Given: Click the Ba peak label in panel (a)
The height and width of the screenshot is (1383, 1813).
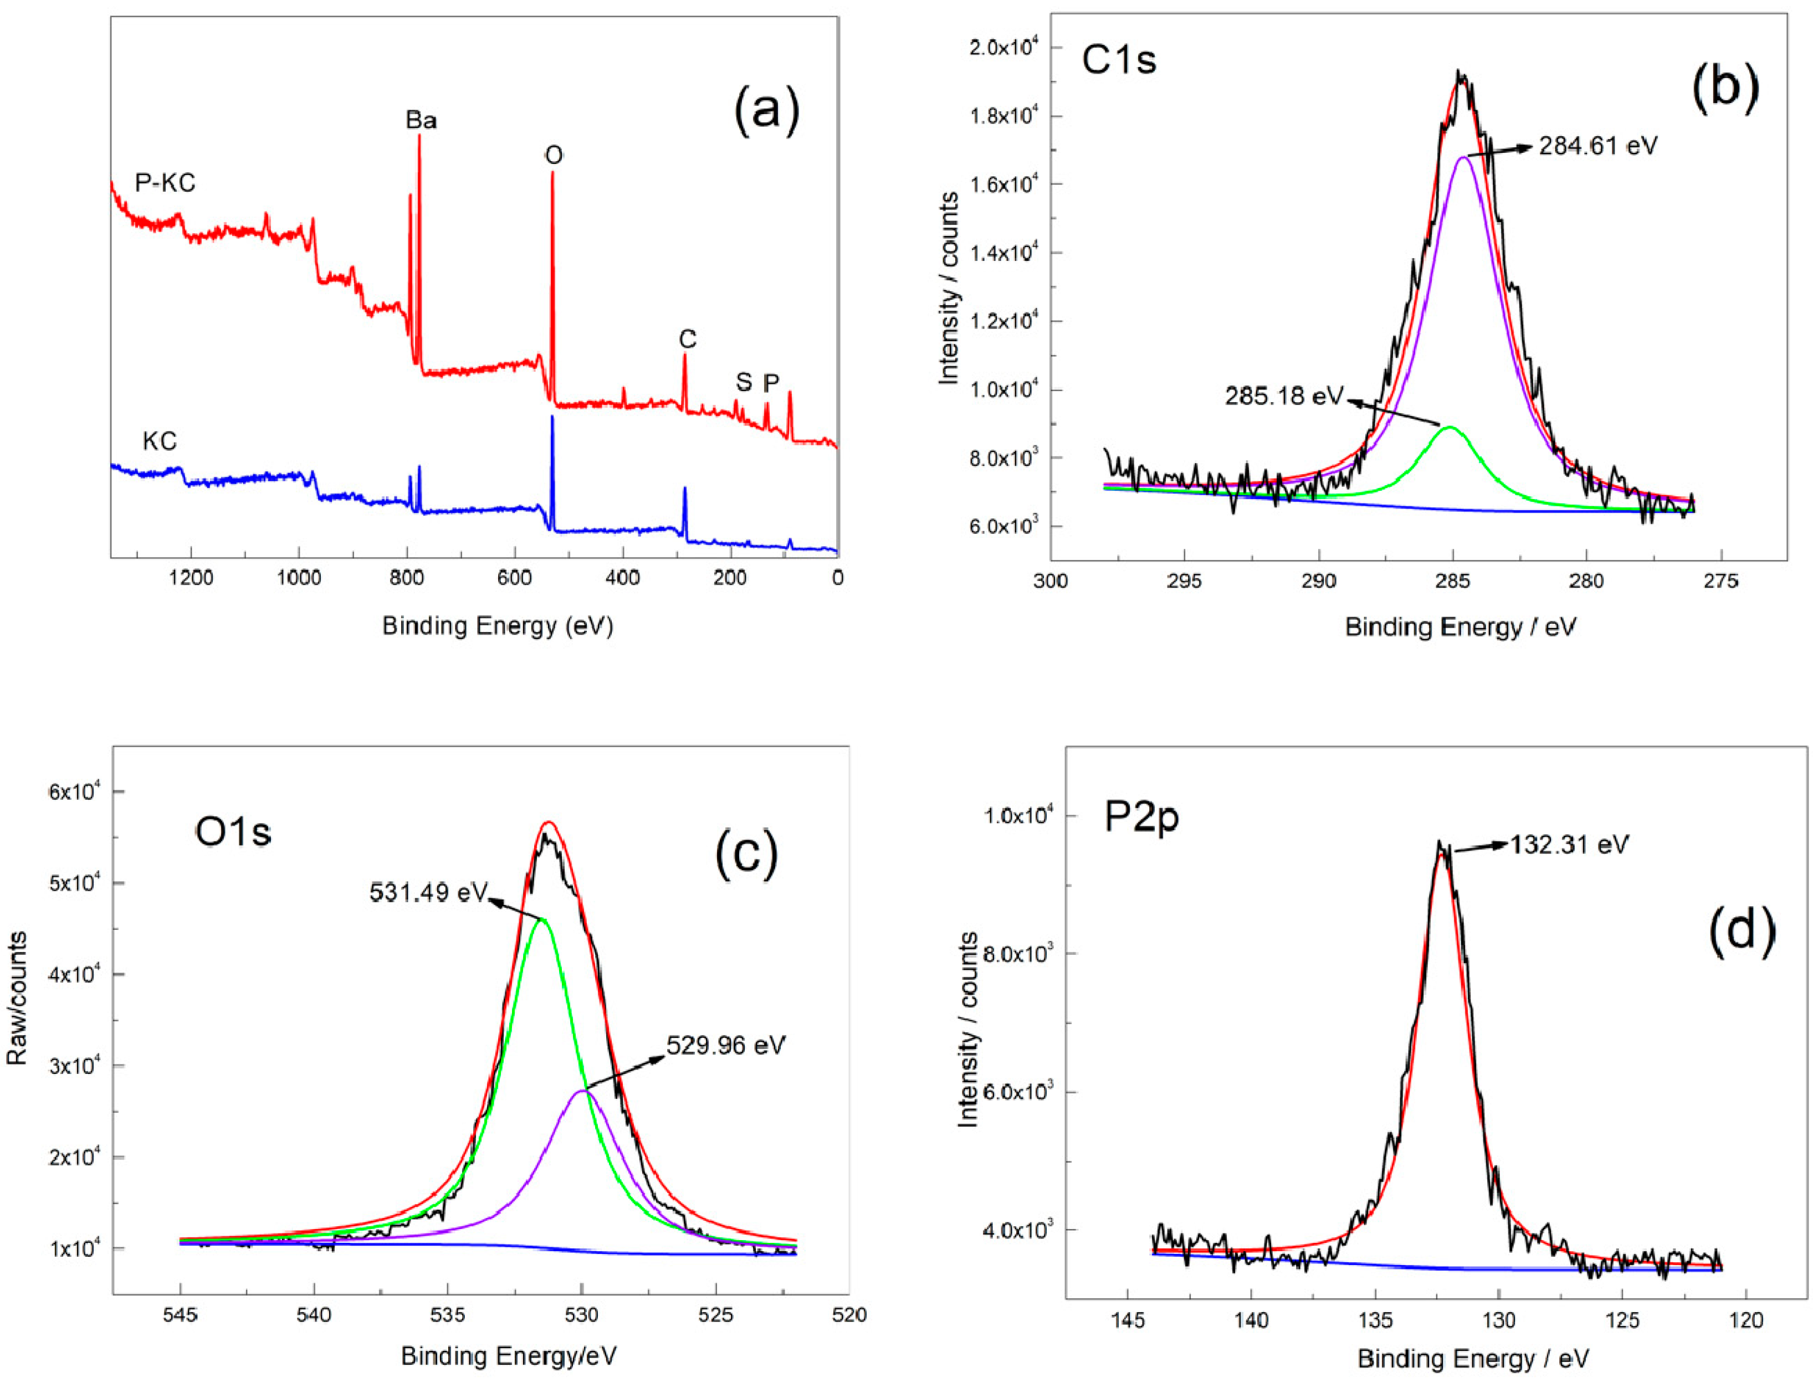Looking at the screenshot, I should coord(421,121).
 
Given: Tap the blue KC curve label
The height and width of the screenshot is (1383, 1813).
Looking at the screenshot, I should coord(159,441).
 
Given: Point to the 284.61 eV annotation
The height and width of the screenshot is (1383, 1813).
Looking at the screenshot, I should coord(1597,147).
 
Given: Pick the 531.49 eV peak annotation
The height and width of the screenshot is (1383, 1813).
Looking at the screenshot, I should coord(428,892).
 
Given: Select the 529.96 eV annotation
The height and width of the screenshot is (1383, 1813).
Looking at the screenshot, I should coord(725,1046).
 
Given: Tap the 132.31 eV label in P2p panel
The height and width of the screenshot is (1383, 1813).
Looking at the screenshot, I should coord(1569,845).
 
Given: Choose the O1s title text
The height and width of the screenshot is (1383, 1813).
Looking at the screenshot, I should coord(233,833).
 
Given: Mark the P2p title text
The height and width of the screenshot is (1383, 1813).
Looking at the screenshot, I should coord(1141,818).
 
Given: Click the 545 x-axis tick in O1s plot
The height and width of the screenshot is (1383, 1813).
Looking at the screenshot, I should coord(180,1315).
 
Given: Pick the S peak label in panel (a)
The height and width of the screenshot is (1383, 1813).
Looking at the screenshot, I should coord(744,382).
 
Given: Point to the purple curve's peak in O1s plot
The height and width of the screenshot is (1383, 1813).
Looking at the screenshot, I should coord(582,1090).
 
